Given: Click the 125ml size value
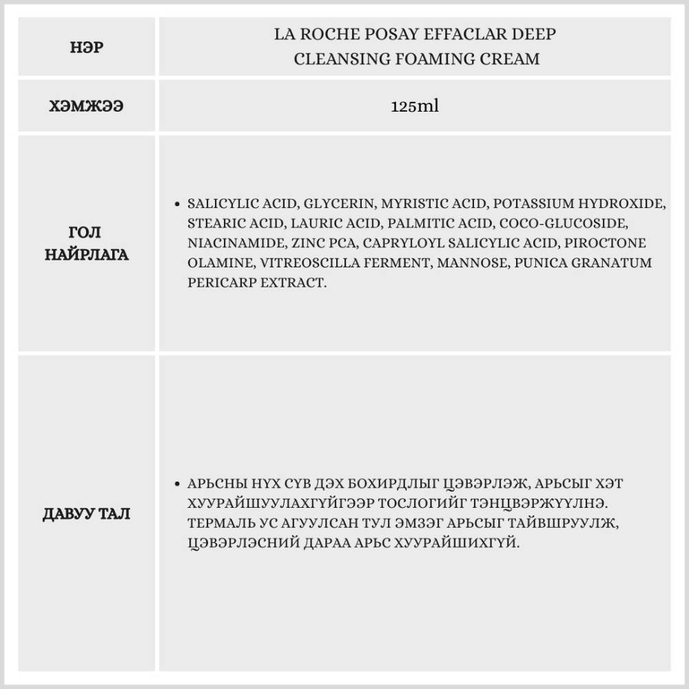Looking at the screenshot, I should click(415, 107).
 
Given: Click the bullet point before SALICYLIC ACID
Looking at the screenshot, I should click(178, 205).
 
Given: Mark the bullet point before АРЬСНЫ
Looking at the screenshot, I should click(178, 484).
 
